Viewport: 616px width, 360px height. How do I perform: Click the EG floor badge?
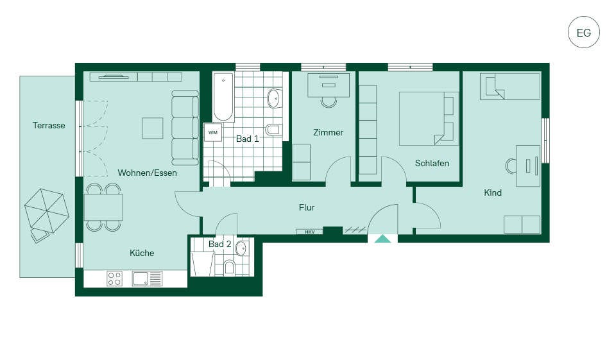coord(584,32)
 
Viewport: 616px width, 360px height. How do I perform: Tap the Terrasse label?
coord(49,125)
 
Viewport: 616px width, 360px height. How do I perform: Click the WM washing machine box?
coord(213,132)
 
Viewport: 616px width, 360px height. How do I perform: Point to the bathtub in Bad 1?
coord(223,97)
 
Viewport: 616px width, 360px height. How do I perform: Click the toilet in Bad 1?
coord(273,129)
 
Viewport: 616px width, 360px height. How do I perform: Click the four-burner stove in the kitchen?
coord(114,279)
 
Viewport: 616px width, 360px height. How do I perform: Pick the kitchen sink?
coord(147,279)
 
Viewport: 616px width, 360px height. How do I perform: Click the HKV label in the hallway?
coord(309,232)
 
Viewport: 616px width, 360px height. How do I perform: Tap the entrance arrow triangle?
coord(382,239)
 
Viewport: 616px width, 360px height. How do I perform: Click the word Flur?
coord(307,207)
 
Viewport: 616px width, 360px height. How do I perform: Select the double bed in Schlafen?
coord(429,119)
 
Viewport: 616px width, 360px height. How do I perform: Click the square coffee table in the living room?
coord(153,128)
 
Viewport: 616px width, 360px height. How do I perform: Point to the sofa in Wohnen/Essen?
coord(185,128)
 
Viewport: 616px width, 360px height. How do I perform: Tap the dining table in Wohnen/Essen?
coord(103,207)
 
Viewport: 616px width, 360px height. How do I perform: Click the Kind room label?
coord(493,193)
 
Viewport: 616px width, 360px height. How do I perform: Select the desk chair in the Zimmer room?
coord(329,102)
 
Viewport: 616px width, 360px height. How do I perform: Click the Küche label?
coord(142,253)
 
